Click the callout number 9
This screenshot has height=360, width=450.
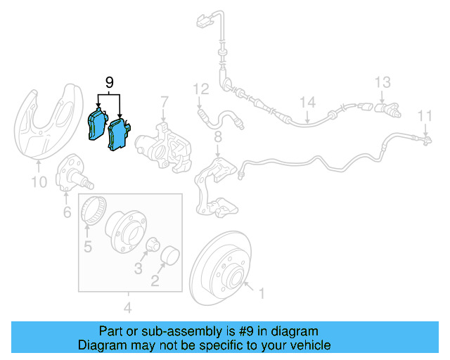click(x=109, y=83)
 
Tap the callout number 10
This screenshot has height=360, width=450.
click(x=39, y=183)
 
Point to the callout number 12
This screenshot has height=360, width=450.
click(x=201, y=89)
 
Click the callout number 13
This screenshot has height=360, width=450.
click(x=382, y=82)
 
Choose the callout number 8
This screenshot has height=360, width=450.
click(x=218, y=136)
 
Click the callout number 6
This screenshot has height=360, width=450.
click(x=67, y=212)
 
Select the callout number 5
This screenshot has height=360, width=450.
click(x=88, y=246)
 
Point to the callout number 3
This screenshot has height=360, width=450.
click(x=139, y=268)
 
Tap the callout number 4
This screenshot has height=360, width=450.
click(x=127, y=307)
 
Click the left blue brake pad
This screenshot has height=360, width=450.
click(x=94, y=127)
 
